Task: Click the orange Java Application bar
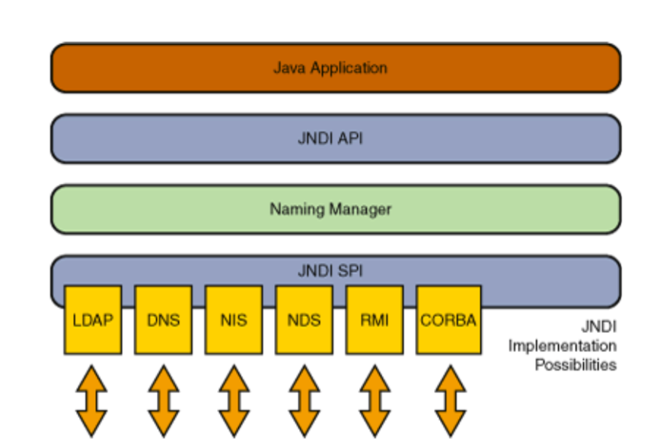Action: tap(336, 68)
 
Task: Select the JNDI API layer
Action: tap(336, 138)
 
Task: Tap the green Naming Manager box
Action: tap(336, 209)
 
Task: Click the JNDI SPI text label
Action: tap(330, 271)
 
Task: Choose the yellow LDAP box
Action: tap(93, 320)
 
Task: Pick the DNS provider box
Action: tap(164, 320)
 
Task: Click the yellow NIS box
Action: tap(234, 320)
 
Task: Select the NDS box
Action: tap(304, 320)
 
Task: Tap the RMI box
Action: tap(374, 320)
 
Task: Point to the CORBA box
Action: tap(449, 320)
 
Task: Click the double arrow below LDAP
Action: tap(91, 400)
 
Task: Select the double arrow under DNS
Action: tap(164, 400)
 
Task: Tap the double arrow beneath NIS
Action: tap(234, 400)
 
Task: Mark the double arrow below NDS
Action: tap(304, 400)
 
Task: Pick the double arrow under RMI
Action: tap(374, 400)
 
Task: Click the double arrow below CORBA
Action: tap(451, 400)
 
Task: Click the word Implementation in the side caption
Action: tap(563, 346)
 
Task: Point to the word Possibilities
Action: tap(576, 365)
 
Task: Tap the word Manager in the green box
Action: tap(360, 210)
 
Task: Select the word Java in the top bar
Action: tap(290, 68)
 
